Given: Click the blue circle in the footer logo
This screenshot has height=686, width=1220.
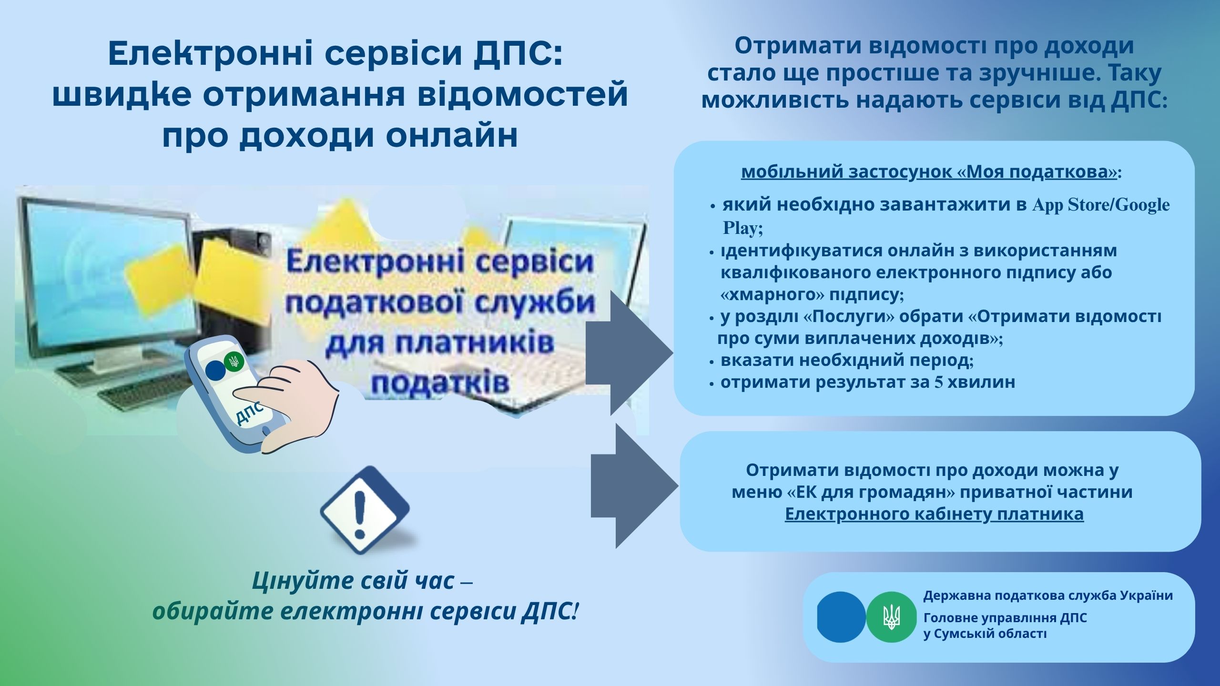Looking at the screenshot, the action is coord(841,617).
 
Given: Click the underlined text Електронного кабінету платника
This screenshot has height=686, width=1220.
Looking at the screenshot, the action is coord(934,514).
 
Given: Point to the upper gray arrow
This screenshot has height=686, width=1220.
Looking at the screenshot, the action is coord(629,353).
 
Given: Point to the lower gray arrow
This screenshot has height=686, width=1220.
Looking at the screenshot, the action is coord(634,486).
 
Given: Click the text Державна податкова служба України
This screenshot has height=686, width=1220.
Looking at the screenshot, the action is coord(1048,595).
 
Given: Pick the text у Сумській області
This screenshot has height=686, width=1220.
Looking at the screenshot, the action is coord(985,634).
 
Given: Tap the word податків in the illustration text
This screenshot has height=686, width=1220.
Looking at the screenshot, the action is coord(440,383).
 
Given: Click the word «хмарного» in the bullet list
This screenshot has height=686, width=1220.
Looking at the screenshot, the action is coord(773,294).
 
